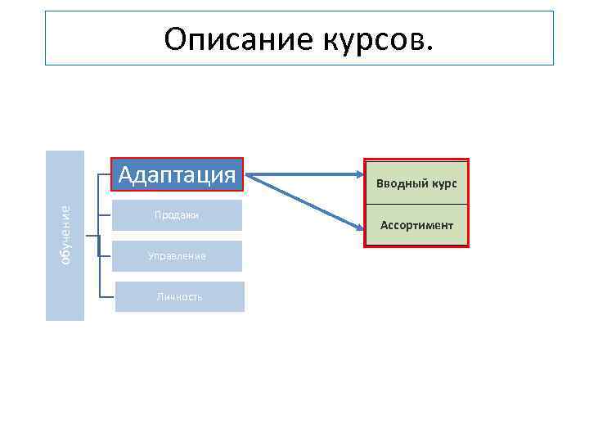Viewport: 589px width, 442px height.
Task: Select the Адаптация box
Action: coord(178,174)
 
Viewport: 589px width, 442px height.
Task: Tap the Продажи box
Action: coord(178,215)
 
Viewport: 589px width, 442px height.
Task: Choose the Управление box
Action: coord(178,256)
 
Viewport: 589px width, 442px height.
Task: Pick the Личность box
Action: coord(179,297)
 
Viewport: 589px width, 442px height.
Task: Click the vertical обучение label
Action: coord(65,235)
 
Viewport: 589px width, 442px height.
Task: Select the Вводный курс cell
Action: coord(416,183)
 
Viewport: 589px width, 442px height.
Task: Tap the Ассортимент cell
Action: coord(416,224)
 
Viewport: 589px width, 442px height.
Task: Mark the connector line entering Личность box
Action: coord(106,295)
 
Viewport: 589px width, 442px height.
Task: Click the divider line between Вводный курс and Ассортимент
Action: coord(416,204)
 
